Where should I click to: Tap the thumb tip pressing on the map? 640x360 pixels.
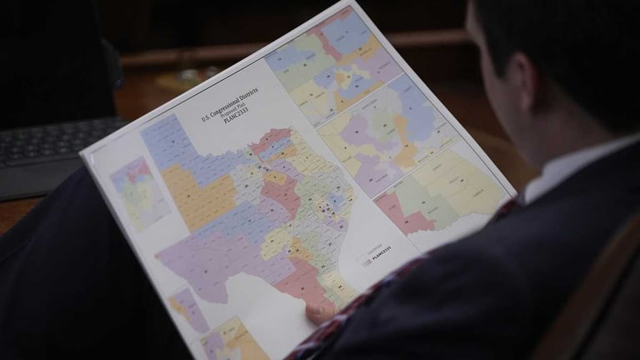(x=319, y=312)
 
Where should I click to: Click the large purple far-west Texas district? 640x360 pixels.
(x=200, y=258)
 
